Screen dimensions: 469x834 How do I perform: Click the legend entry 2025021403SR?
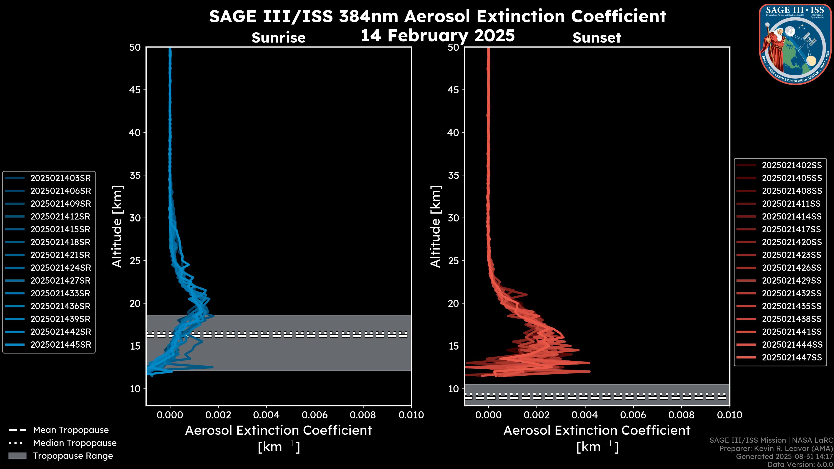(61, 178)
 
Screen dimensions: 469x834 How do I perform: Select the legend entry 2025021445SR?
(61, 345)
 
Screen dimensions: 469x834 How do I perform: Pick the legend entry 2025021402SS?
(792, 165)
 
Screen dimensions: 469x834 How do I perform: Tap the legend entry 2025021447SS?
(792, 357)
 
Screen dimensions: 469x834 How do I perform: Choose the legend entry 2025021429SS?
(792, 281)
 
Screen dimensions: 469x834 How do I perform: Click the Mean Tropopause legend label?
(71, 430)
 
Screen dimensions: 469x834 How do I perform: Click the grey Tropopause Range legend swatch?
(17, 456)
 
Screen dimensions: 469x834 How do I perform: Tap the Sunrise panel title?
(278, 38)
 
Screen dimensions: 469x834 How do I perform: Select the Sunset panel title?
(597, 38)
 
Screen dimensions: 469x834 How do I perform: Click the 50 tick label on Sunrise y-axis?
(135, 47)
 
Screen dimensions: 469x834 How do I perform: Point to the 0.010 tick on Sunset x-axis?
(730, 415)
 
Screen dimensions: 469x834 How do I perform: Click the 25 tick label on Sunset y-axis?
(453, 261)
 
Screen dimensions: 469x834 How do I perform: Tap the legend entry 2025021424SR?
(61, 268)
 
